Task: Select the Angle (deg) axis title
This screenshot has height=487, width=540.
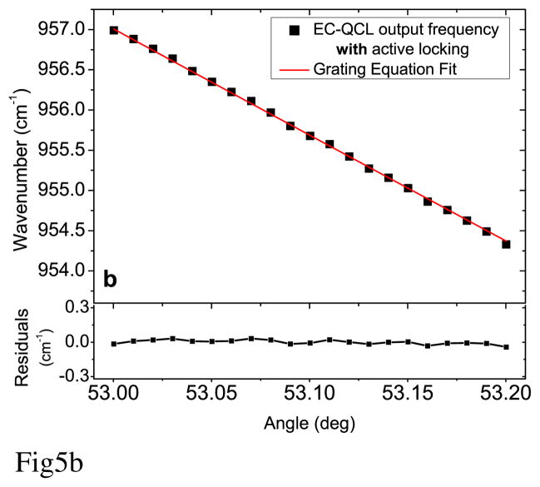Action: pyautogui.click(x=310, y=423)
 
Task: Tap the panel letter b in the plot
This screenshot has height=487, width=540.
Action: pyautogui.click(x=110, y=279)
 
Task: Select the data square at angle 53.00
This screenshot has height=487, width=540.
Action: pyautogui.click(x=113, y=31)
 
